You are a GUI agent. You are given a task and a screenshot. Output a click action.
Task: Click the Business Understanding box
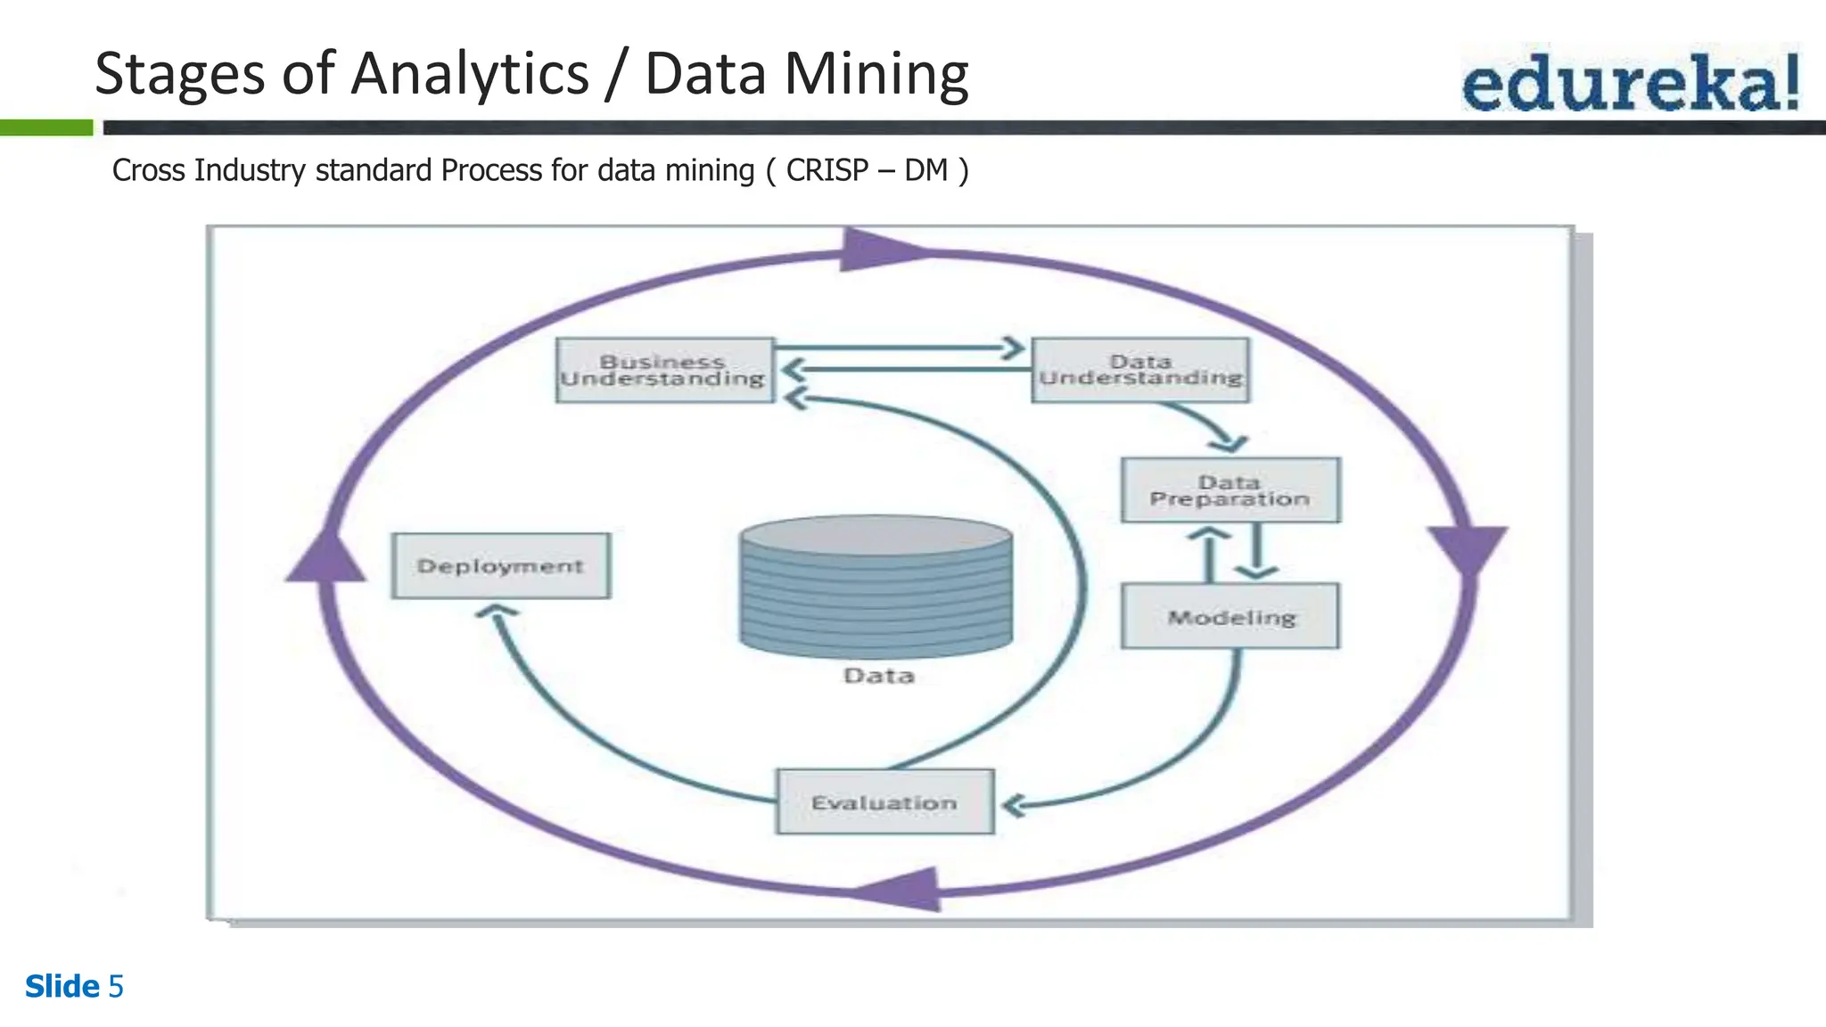pyautogui.click(x=664, y=370)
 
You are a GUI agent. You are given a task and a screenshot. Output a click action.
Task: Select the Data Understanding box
pyautogui.click(x=1140, y=370)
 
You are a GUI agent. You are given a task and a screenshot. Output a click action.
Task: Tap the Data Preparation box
pyautogui.click(x=1230, y=490)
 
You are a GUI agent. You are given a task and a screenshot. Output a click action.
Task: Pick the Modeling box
pyautogui.click(x=1230, y=616)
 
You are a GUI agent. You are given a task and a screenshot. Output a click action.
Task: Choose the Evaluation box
pyautogui.click(x=884, y=802)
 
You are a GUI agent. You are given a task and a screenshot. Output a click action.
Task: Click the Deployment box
pyautogui.click(x=501, y=566)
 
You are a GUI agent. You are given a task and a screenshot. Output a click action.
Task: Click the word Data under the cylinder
pyautogui.click(x=879, y=676)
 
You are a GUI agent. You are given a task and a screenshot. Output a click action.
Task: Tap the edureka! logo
pyautogui.click(x=1630, y=82)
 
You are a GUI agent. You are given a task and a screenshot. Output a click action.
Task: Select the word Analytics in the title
pyautogui.click(x=470, y=75)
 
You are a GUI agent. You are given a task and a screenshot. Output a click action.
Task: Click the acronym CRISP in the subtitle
pyautogui.click(x=827, y=169)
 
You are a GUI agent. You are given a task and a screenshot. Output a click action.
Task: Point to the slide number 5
pyautogui.click(x=116, y=987)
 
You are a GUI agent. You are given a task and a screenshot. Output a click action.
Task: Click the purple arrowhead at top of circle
pyautogui.click(x=878, y=251)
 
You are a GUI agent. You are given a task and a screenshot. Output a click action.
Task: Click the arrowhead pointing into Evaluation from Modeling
pyautogui.click(x=1013, y=806)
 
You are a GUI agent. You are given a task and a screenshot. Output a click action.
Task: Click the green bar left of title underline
pyautogui.click(x=46, y=128)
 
